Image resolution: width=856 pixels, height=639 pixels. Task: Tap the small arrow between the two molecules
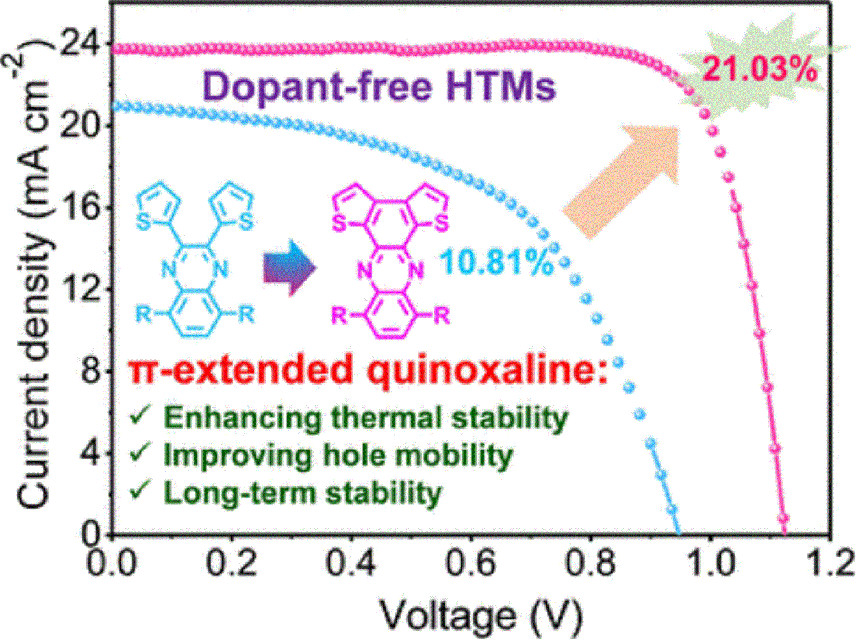click(291, 268)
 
